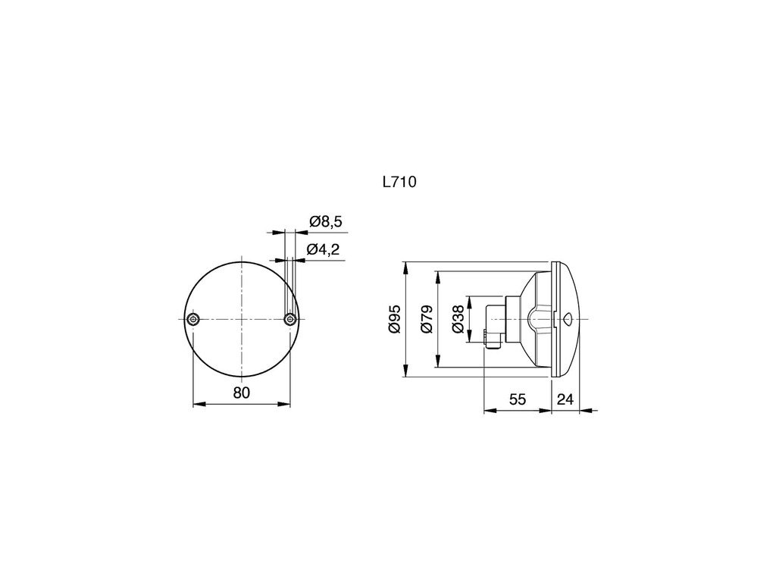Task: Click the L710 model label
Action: click(x=399, y=182)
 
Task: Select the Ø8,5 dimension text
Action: click(x=326, y=221)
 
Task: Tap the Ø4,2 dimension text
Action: click(x=323, y=249)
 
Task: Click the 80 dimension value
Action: click(x=242, y=393)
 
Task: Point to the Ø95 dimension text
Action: click(x=395, y=320)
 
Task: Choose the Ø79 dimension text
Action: click(x=427, y=320)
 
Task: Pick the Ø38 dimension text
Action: click(x=458, y=320)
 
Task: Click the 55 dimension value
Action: click(x=517, y=399)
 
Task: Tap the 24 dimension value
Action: click(x=565, y=399)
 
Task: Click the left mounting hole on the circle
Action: click(x=193, y=319)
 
